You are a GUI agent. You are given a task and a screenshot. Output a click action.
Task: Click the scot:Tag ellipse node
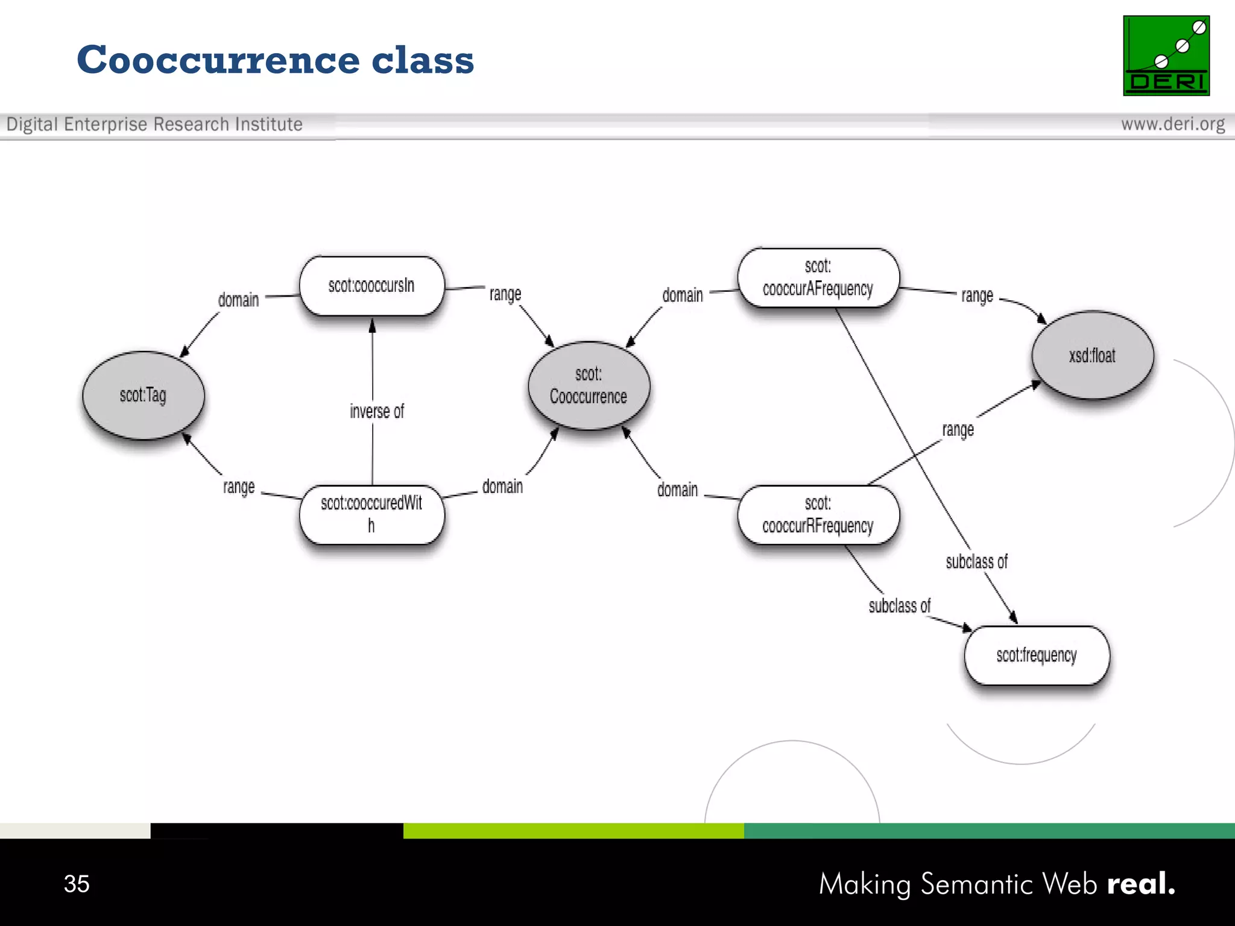(144, 395)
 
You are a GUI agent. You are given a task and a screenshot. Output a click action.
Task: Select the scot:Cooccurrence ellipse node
(589, 386)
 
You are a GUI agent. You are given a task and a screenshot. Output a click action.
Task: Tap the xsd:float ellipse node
(1092, 355)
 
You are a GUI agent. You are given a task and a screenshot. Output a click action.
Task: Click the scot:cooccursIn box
(371, 286)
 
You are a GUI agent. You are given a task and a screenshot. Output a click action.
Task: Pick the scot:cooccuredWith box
(371, 514)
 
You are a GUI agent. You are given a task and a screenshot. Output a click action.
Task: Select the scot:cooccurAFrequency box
(818, 277)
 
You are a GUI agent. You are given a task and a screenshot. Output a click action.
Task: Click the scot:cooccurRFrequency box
(818, 515)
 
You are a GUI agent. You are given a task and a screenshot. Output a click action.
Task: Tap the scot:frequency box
(1036, 655)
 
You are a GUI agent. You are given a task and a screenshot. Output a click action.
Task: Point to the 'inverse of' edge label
(377, 412)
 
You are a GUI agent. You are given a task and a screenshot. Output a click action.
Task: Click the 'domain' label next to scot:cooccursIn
(238, 300)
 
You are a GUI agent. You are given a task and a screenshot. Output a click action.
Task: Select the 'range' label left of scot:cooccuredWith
(239, 487)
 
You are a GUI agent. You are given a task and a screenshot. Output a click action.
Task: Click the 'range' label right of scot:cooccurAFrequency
(977, 295)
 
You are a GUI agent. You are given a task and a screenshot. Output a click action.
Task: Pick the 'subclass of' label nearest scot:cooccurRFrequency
(899, 606)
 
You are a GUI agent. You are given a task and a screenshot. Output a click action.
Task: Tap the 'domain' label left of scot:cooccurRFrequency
(677, 490)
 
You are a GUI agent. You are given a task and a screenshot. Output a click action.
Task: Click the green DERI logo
(1166, 55)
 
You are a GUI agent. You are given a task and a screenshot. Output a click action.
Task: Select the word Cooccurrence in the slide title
(217, 60)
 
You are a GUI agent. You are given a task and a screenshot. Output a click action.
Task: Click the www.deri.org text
(1172, 124)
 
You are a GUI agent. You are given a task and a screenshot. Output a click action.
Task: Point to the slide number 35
(77, 884)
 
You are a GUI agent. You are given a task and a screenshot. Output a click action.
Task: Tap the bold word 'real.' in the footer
(1141, 884)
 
